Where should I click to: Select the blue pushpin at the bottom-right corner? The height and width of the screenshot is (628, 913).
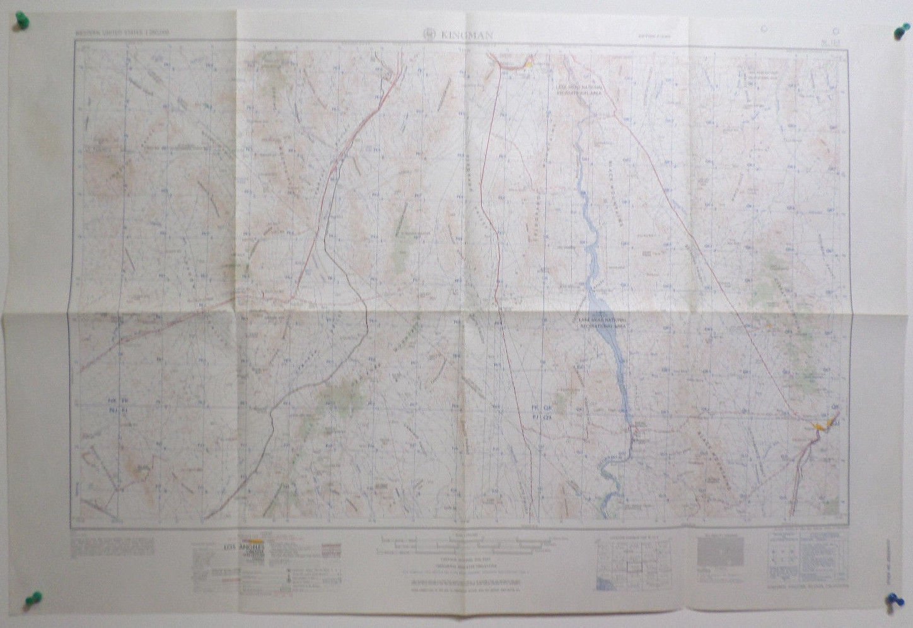tap(895, 601)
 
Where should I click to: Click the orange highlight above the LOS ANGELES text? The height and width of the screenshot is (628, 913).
tap(255, 540)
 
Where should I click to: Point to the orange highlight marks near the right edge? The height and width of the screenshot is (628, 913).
tap(820, 427)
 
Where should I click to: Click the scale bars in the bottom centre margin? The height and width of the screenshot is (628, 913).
tap(454, 546)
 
